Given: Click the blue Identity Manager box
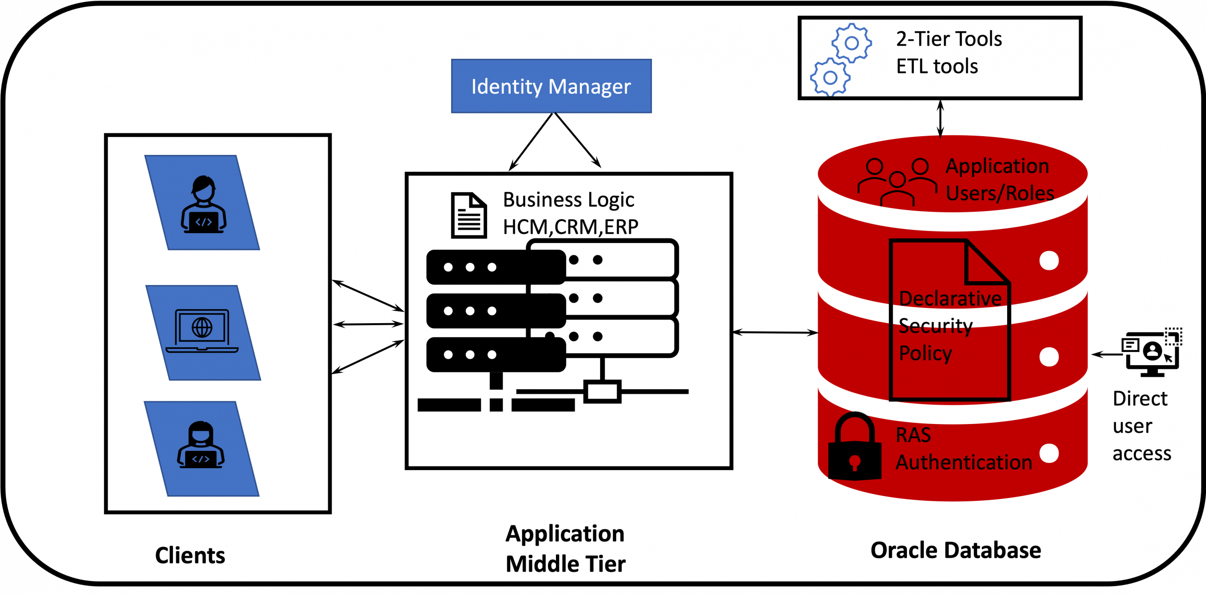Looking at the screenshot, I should (551, 86).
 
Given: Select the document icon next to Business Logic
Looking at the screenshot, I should (469, 215).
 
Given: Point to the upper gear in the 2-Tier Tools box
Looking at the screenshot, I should (851, 43).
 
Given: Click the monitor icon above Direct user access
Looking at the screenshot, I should (1152, 352).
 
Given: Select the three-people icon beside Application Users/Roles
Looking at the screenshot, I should (897, 181).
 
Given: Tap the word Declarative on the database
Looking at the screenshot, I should (950, 299).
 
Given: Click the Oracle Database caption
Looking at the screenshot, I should (955, 550).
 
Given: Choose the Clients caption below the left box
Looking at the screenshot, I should (190, 555).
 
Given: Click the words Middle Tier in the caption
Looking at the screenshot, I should (565, 564).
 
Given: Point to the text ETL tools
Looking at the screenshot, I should (937, 66).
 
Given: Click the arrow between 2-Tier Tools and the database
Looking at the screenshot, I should (940, 118).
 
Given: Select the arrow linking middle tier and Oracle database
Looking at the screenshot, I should (775, 333).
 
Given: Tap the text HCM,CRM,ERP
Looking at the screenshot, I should (570, 227).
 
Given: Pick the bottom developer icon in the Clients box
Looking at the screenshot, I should (201, 445).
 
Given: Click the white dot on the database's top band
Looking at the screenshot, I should (1049, 261).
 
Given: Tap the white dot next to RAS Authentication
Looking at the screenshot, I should (1049, 453).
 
